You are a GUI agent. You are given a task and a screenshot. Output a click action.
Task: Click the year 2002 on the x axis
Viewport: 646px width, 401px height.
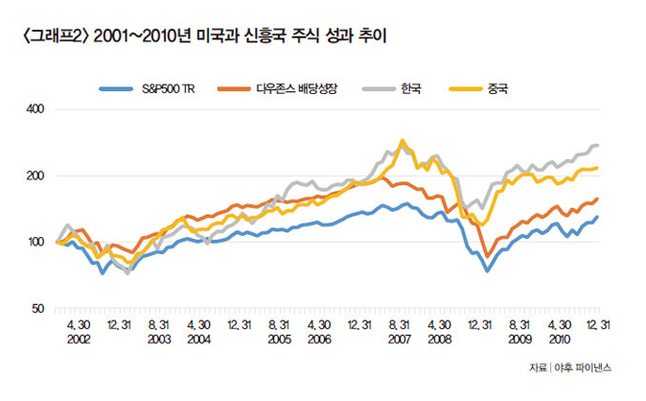coord(79,340)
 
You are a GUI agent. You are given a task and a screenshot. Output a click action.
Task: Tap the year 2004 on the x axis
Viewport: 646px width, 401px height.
coord(199,340)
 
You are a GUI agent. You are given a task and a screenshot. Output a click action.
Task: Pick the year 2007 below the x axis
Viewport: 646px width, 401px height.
coord(401,340)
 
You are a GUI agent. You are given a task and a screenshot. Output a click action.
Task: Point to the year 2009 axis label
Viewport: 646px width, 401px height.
coord(520,340)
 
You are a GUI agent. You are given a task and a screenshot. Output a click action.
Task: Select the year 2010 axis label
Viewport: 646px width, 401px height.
coord(561,340)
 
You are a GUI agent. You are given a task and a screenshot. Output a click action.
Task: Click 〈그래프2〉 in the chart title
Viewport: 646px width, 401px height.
coord(50,38)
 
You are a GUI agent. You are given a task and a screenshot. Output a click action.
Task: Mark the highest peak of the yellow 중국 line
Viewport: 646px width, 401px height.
coord(402,140)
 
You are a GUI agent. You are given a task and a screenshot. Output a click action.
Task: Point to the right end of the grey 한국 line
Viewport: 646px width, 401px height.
coord(598,145)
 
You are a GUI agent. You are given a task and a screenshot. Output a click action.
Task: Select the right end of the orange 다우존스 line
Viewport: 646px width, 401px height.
coord(598,199)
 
